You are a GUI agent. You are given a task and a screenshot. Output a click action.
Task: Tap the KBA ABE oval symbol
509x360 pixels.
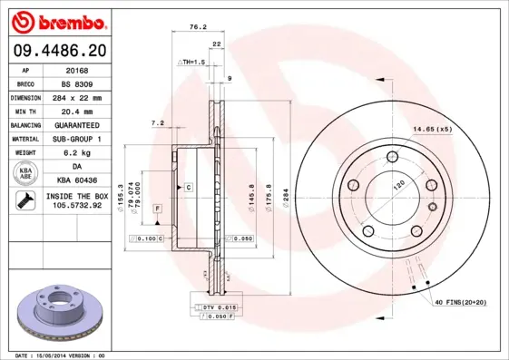pos(25,174)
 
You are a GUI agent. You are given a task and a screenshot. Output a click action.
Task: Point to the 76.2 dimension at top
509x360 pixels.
pos(193,27)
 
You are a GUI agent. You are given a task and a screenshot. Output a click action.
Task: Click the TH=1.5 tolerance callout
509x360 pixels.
pos(191,62)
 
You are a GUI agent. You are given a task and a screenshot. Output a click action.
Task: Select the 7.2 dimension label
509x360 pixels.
pos(156,123)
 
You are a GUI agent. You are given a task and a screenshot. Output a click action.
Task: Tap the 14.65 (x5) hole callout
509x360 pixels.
pos(432,130)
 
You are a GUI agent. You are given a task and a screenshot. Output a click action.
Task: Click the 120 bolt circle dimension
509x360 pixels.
pos(397,184)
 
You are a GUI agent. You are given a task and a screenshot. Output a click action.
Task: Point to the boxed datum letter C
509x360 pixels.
pos(189,187)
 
